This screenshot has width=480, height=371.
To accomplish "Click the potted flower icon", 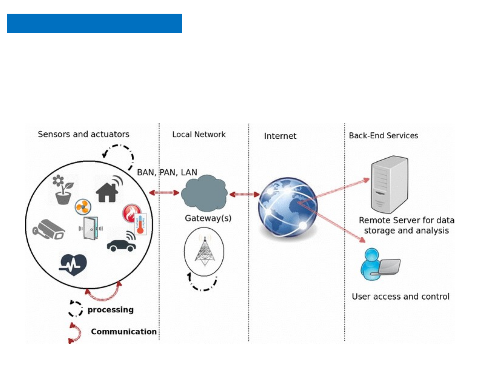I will (x=63, y=190).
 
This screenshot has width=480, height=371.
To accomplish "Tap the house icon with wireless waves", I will (x=108, y=190).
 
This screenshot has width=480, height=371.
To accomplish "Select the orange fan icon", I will (x=83, y=207).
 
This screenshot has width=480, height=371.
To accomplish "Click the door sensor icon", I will (x=91, y=228).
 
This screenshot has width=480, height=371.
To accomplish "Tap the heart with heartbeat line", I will (x=73, y=264).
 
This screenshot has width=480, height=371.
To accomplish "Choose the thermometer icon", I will (x=140, y=224).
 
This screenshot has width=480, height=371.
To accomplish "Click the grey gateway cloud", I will (x=204, y=194).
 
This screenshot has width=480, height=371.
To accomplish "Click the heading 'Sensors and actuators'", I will (x=84, y=134).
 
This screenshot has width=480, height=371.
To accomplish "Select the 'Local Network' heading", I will (x=199, y=134).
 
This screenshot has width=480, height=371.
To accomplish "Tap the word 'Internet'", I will (x=280, y=136).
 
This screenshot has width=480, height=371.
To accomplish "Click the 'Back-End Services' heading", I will (x=383, y=135).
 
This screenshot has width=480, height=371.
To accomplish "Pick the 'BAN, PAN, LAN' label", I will (x=167, y=172).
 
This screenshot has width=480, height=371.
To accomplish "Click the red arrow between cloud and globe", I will (x=244, y=194).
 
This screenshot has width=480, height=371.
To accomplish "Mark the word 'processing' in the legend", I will (x=111, y=310).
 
